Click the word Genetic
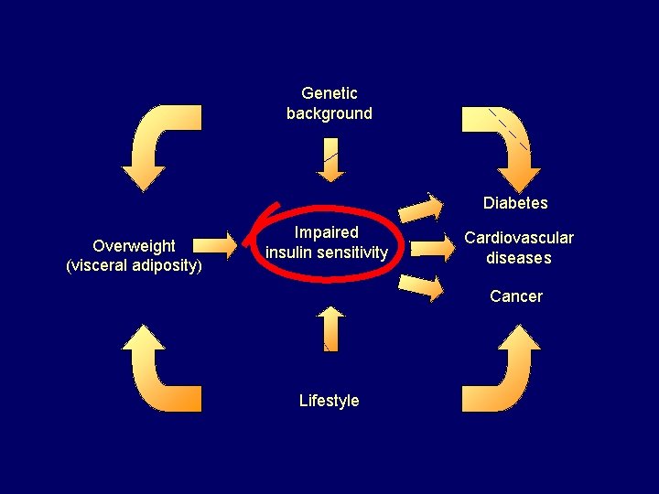(x=329, y=93)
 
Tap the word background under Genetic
(x=329, y=113)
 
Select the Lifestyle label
(x=329, y=401)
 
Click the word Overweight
(x=134, y=245)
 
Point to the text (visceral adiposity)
(x=134, y=265)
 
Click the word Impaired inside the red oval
(x=327, y=232)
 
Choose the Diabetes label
(x=515, y=203)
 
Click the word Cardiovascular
(x=519, y=238)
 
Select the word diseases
(x=519, y=258)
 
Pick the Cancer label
(x=516, y=296)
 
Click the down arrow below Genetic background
(x=330, y=159)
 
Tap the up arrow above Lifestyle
(x=330, y=328)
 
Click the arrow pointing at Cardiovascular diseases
(x=429, y=246)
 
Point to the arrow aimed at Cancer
(x=421, y=287)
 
